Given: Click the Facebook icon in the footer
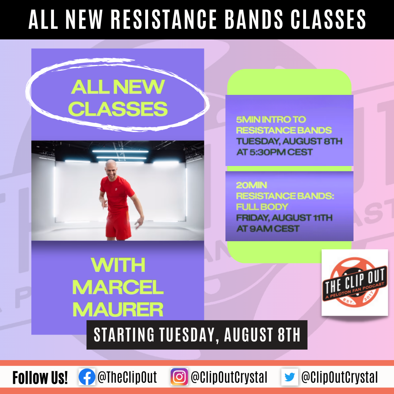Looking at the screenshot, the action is click(87, 376).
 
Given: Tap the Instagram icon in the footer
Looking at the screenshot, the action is click(179, 376).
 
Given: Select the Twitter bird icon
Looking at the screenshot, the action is click(290, 377).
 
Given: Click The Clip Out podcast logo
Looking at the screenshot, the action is click(355, 282).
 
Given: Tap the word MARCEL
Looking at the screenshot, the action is click(118, 287).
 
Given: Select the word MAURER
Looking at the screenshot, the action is click(118, 309).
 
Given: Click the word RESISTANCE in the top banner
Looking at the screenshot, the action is click(164, 19).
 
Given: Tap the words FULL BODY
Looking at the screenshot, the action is click(262, 206).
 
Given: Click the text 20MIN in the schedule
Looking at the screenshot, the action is click(251, 185).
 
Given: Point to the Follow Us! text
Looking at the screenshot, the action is click(40, 378).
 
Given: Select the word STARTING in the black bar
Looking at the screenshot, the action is click(124, 335).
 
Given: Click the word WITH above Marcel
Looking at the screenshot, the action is click(118, 265).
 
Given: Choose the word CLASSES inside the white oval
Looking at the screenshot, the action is click(118, 109).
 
